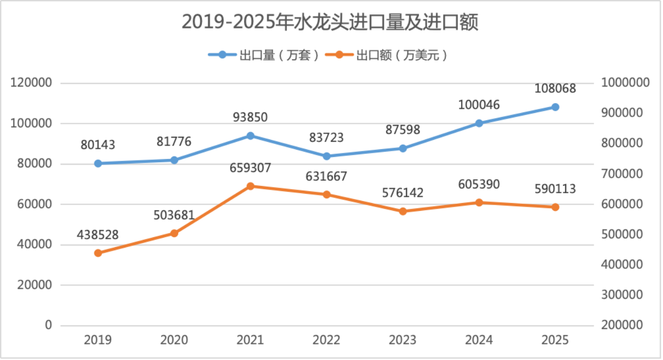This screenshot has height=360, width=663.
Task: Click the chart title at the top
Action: click(x=329, y=23)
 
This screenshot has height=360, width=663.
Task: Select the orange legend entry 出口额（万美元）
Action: click(x=388, y=55)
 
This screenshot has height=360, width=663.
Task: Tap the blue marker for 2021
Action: click(x=250, y=136)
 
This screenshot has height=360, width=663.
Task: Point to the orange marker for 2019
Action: click(x=98, y=253)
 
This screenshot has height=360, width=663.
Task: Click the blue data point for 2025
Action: click(x=555, y=107)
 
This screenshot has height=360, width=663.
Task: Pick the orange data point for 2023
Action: click(x=402, y=211)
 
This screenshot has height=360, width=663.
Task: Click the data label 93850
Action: click(x=250, y=118)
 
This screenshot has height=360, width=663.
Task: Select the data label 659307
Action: click(x=250, y=168)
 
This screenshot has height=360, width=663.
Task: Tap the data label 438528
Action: click(x=98, y=235)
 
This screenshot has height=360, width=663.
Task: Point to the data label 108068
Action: click(x=555, y=89)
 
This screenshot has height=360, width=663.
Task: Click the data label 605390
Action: click(x=479, y=184)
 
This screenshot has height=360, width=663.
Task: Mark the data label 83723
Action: click(x=326, y=138)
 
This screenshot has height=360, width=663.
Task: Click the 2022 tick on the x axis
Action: click(x=326, y=340)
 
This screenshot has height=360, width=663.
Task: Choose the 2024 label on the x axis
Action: click(x=479, y=340)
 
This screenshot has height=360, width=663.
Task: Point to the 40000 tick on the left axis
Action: click(x=34, y=244)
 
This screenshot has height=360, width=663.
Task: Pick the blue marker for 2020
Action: click(x=174, y=160)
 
